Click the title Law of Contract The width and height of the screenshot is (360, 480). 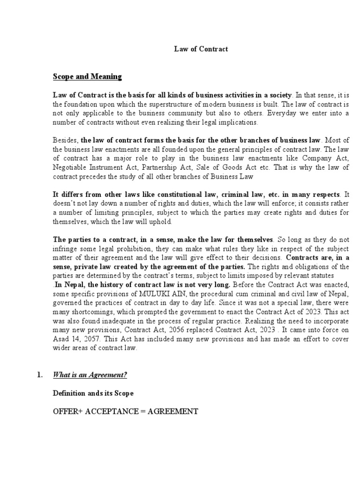pyautogui.click(x=202, y=48)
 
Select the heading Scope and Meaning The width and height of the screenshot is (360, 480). pyautogui.click(x=87, y=76)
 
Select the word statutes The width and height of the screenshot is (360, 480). pyautogui.click(x=320, y=275)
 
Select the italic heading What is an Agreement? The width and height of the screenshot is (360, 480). pyautogui.click(x=90, y=375)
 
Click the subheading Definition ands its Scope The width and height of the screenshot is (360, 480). pyautogui.click(x=93, y=393)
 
